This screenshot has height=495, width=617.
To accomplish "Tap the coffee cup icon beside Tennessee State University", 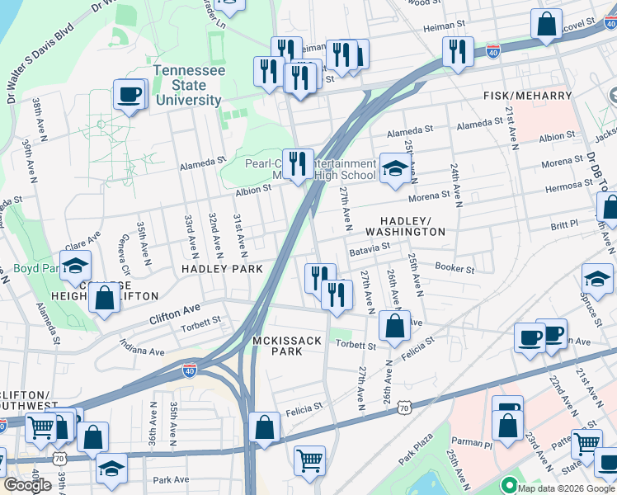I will point(130,95).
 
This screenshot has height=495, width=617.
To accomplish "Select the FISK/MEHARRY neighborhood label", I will point(527,96).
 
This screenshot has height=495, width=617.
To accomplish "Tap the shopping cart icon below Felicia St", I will point(309,460).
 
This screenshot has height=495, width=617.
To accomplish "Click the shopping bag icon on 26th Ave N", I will point(395,327).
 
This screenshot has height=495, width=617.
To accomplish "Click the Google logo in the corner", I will point(27,485).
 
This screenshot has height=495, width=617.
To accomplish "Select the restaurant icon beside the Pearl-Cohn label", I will point(298,163).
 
